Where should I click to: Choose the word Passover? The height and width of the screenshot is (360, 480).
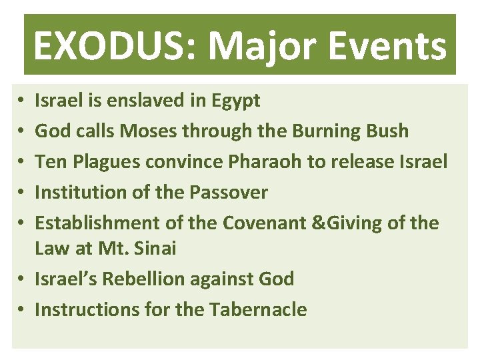(229, 193)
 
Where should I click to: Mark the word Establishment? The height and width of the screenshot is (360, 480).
(97, 223)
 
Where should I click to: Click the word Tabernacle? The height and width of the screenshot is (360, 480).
(258, 309)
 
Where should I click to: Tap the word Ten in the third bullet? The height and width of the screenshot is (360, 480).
(48, 162)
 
